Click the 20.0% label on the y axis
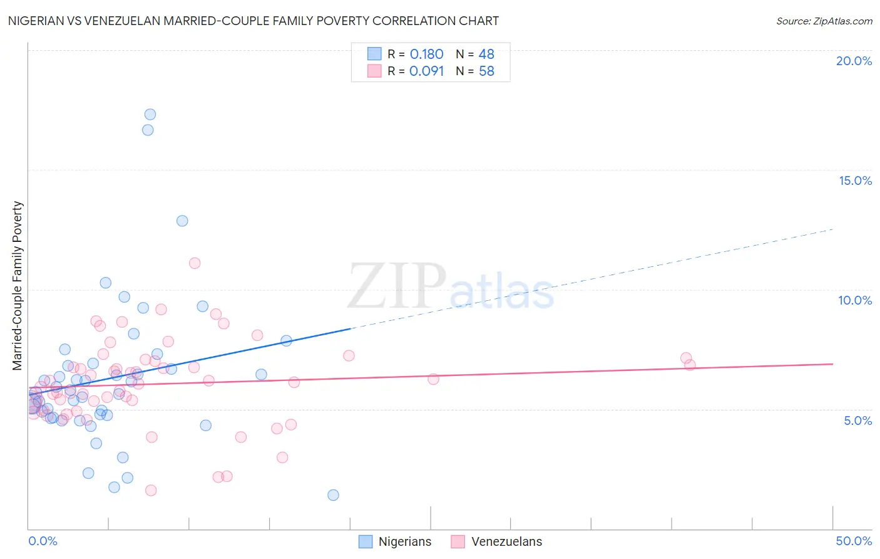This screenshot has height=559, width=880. pyautogui.click(x=854, y=61)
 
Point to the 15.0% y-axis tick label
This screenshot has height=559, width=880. pyautogui.click(x=855, y=180)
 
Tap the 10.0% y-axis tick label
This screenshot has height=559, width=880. pyautogui.click(x=855, y=300)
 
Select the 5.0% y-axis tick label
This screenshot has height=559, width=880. pyautogui.click(x=857, y=421)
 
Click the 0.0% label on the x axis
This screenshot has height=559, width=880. pyautogui.click(x=43, y=541)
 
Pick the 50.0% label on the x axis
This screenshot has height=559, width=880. pyautogui.click(x=854, y=541)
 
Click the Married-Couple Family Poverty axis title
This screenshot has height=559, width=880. pyautogui.click(x=18, y=286)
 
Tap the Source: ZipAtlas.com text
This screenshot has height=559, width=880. pyautogui.click(x=824, y=21)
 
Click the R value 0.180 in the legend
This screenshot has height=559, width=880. pyautogui.click(x=426, y=55)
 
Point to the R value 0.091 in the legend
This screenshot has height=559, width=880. pyautogui.click(x=426, y=71)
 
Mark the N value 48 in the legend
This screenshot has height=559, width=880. pyautogui.click(x=486, y=55)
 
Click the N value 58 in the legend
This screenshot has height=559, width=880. pyautogui.click(x=486, y=71)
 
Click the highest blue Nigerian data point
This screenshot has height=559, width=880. pyautogui.click(x=150, y=114)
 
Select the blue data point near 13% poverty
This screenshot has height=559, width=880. pyautogui.click(x=182, y=221)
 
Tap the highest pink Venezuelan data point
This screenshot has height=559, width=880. pyautogui.click(x=195, y=263)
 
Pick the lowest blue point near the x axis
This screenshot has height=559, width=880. pyautogui.click(x=333, y=495)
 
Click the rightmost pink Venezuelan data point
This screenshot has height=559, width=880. pyautogui.click(x=690, y=365)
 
